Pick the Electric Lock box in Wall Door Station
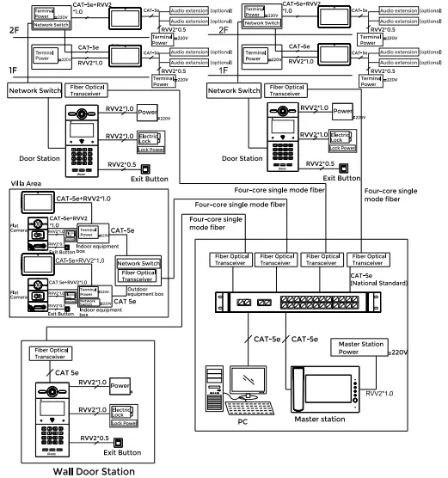pos(126,414)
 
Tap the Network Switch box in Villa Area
pos(138,263)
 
